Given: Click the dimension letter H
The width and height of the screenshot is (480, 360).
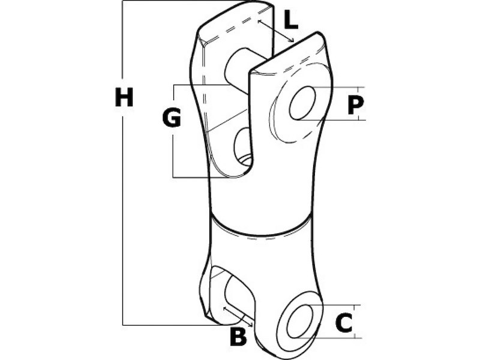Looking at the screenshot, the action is click(124, 97).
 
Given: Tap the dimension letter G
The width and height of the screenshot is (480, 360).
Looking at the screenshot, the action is click(172, 118).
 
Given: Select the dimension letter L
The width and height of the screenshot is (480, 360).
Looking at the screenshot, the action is click(291, 20).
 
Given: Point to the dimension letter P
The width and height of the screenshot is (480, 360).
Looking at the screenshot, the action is click(356, 104).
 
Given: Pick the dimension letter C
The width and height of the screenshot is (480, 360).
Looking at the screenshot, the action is click(344, 323).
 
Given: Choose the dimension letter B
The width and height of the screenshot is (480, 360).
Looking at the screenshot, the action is click(238, 337).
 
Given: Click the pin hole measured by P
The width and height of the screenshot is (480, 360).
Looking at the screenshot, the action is click(302, 103).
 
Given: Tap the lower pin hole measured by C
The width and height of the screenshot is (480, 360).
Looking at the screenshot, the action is click(300, 322).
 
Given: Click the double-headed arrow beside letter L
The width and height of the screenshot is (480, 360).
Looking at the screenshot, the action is click(276, 31).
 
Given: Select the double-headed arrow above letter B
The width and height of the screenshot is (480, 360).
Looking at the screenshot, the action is click(238, 317).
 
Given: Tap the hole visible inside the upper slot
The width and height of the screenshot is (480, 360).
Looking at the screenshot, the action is click(244, 147).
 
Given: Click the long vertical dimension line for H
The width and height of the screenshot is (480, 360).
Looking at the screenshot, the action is click(122, 163).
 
